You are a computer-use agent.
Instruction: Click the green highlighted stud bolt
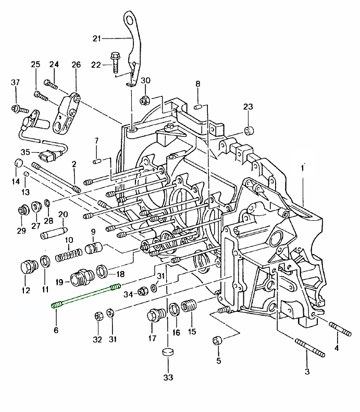86,295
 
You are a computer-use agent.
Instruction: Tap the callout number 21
96,38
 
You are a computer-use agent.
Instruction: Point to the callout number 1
303,168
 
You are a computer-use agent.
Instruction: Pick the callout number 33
168,377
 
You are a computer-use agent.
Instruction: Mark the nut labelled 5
218,341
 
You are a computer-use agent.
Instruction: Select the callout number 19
59,282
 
